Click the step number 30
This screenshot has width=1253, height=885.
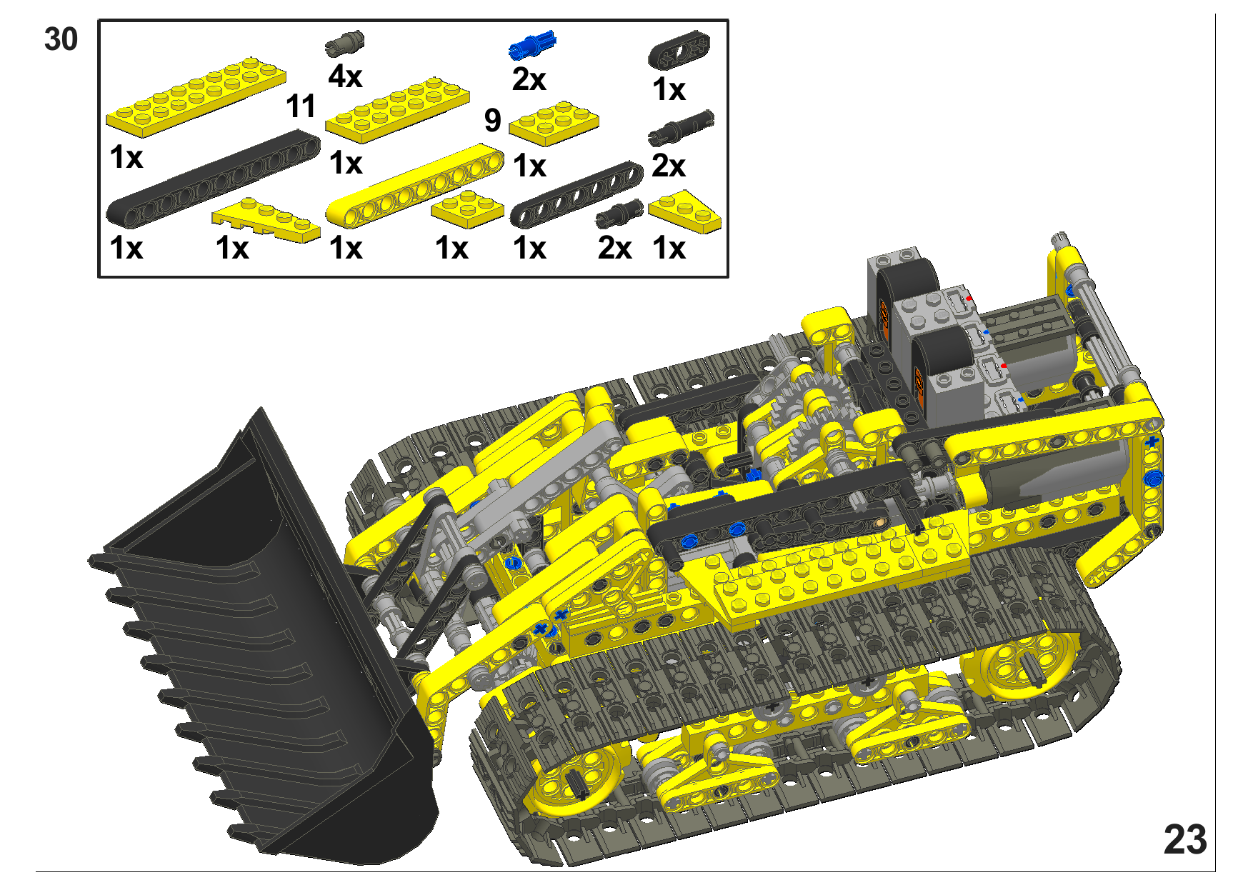click(61, 39)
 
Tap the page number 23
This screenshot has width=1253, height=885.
click(1185, 839)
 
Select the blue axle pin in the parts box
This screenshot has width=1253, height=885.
click(531, 45)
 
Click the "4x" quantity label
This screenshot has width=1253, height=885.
click(345, 76)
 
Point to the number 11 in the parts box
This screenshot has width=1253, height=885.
click(301, 106)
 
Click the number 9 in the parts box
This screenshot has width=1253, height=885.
click(492, 120)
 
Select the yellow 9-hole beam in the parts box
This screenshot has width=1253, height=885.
click(415, 186)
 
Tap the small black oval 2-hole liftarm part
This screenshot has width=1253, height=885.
click(679, 49)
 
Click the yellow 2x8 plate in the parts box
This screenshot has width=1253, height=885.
click(196, 96)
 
